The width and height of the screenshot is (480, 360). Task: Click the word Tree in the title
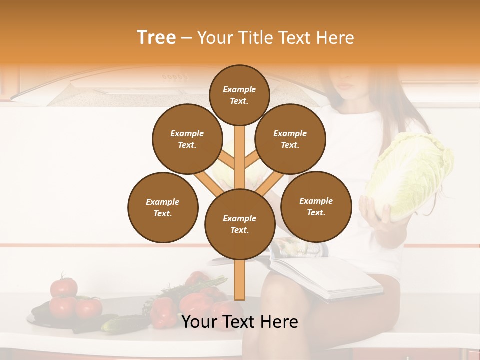point(156,38)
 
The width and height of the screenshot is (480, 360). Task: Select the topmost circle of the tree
point(239,95)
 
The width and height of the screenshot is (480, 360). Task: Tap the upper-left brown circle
point(187,139)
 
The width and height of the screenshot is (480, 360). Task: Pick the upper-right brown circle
point(290,139)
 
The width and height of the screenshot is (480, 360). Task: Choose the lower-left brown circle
point(163,207)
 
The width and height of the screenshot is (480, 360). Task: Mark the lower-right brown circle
point(316,206)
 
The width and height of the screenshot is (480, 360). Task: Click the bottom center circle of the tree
point(240,224)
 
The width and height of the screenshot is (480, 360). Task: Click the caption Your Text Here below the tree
point(240,322)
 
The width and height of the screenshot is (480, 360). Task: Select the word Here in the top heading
point(335,38)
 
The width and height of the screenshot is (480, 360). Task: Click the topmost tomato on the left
point(64,287)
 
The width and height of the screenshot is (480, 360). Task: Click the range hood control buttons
point(175,77)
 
